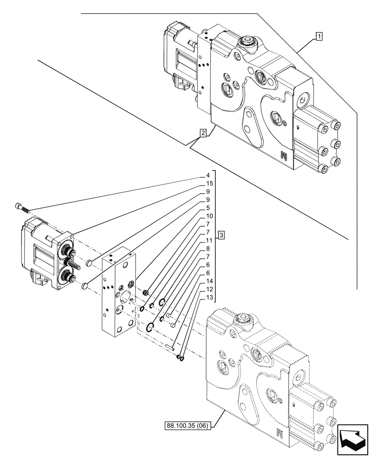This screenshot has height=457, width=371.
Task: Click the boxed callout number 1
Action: pos(319,36)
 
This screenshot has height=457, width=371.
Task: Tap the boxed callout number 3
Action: pos(221,235)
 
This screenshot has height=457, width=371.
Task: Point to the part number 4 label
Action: pos(207,175)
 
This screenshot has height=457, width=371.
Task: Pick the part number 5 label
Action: pos(207,207)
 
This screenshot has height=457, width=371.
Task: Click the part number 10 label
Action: pos(207,216)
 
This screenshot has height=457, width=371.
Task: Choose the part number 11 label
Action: pos(207,240)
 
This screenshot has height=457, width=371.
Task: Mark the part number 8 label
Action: pos(207,248)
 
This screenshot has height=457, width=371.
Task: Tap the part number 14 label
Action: pos(207,281)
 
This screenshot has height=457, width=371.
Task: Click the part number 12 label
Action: pos(207,289)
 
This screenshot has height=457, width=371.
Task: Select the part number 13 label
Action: pos(207,297)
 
